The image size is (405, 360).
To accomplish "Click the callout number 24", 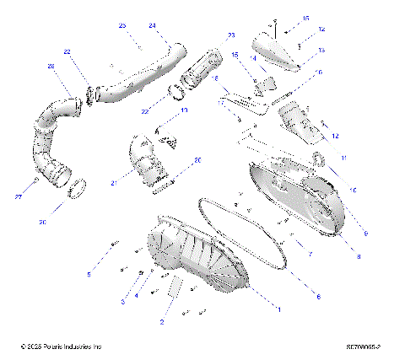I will coord(152,25).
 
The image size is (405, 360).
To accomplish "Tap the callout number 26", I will coord(51,67).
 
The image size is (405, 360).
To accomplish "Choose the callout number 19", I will coord(184,110).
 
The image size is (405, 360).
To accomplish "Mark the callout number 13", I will coord(321,51).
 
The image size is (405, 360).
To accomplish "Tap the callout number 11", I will coord(343,158).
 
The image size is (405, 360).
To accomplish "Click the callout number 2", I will coord(162,322).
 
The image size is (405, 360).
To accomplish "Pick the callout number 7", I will coord(310,254).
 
